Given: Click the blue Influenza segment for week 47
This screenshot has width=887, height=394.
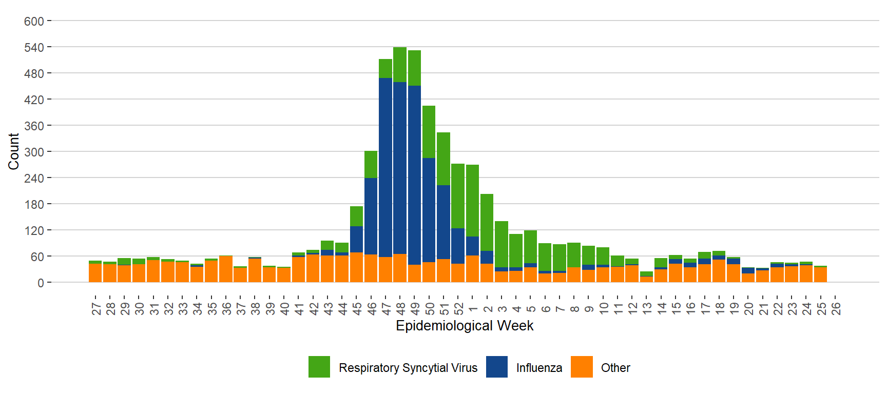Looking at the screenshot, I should (x=385, y=167).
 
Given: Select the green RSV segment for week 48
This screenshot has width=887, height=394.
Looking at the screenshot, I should (x=400, y=65).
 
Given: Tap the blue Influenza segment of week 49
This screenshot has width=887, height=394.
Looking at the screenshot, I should (x=414, y=175).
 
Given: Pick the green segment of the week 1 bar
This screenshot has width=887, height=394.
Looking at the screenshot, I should (x=472, y=201).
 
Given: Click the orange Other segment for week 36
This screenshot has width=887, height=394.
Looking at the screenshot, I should (x=226, y=269).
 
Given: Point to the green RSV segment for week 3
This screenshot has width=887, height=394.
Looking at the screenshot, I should (x=502, y=244).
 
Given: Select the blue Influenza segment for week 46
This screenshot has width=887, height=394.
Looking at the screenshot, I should (x=371, y=216).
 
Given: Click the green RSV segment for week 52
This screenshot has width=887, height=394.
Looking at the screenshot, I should (x=458, y=196).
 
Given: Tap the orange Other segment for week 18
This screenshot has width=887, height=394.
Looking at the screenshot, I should (x=719, y=271).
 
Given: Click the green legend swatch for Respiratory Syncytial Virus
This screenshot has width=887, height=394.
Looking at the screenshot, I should (x=319, y=367).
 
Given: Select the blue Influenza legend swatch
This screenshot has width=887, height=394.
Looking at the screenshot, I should (x=496, y=367).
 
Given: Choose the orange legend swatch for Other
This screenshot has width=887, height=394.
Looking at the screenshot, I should (x=582, y=367).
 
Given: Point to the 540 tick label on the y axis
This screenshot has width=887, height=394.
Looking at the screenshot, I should (x=34, y=48).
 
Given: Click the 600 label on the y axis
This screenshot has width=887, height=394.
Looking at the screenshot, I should (x=34, y=22).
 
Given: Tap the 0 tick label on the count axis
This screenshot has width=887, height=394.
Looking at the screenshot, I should (x=41, y=283).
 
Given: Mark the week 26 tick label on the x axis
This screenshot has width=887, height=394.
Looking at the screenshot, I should (x=836, y=308).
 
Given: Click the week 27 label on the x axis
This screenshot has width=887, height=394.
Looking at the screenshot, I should (x=96, y=308).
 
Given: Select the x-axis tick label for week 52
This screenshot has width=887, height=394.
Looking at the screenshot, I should (x=458, y=308).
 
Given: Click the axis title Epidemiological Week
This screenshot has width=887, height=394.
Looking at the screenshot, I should (x=465, y=326).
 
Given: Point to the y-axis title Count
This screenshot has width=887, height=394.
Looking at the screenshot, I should (x=13, y=151).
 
